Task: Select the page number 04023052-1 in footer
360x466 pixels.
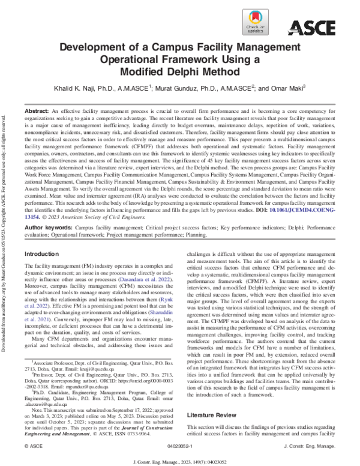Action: [180, 447]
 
